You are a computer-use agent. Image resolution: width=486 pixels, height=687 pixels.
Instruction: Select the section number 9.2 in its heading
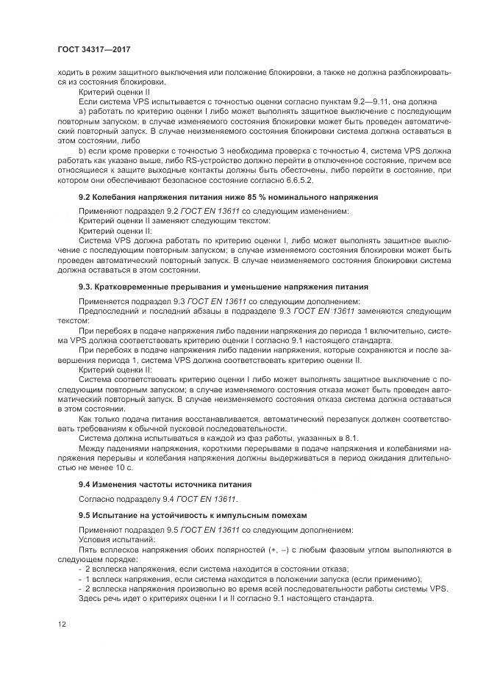pyautogui.click(x=85, y=198)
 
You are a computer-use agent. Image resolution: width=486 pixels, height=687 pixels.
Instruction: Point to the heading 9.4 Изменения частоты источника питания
pyautogui.click(x=165, y=484)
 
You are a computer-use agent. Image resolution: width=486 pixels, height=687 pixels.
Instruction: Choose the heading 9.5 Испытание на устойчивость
pyautogui.click(x=192, y=515)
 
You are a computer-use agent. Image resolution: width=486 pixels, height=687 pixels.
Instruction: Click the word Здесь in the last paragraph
pyautogui.click(x=91, y=597)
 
